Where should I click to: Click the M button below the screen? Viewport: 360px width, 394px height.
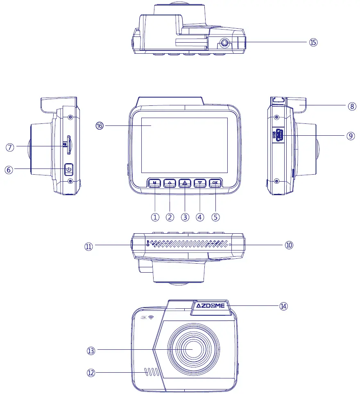[x=154, y=183]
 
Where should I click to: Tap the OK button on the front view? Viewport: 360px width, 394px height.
[x=215, y=183]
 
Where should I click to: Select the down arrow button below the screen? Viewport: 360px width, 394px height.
[x=199, y=183]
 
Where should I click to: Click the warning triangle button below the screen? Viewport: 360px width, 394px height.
[x=185, y=183]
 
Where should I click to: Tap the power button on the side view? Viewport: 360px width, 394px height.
[x=69, y=169]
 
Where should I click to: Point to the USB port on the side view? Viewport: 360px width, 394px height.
[x=280, y=135]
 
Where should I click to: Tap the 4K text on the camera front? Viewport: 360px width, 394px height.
[x=144, y=318]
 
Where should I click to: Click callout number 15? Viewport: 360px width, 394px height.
[x=313, y=42]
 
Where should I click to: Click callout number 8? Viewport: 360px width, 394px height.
[x=352, y=106]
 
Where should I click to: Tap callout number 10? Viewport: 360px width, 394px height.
[x=289, y=245]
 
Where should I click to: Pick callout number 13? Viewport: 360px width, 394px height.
[x=91, y=351]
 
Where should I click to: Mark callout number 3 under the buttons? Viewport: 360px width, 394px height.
[x=185, y=217]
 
